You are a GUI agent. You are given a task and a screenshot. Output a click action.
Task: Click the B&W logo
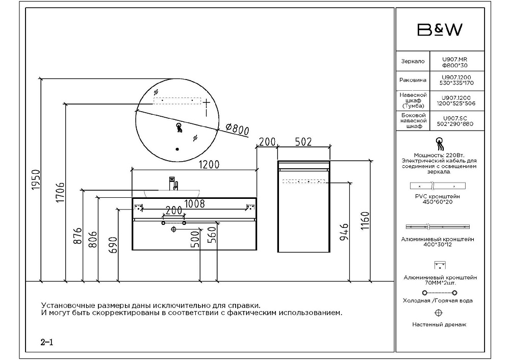click(440, 30)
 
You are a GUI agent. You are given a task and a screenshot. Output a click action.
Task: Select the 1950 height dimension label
click(36, 180)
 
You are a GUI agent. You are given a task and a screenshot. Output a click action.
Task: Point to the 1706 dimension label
click(61, 193)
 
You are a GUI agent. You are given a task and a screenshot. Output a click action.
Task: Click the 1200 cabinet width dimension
click(209, 164)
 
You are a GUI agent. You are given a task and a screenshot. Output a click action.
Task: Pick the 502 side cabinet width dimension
click(303, 142)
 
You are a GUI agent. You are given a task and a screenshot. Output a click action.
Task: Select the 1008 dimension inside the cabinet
click(194, 203)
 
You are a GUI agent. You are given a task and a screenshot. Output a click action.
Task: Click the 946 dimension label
click(344, 232)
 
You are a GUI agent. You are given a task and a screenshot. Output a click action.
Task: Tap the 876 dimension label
click(78, 237)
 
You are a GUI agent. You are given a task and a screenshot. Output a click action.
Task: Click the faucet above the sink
click(173, 184)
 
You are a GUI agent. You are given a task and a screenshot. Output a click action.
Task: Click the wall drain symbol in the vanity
click(173, 229)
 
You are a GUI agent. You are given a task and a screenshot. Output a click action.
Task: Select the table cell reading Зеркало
click(413, 61)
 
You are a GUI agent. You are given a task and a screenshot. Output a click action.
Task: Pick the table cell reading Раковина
click(413, 80)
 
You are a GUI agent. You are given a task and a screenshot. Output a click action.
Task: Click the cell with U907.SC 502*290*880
click(455, 121)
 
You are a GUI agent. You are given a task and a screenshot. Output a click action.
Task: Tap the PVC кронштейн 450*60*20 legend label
click(438, 199)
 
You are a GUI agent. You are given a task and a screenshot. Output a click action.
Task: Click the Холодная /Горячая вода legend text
click(438, 300)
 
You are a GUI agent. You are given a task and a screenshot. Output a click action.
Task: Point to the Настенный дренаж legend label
click(439, 324)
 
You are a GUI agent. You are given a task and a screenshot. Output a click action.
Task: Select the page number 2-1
click(47, 342)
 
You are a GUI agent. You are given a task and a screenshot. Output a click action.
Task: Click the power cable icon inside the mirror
click(179, 127)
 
